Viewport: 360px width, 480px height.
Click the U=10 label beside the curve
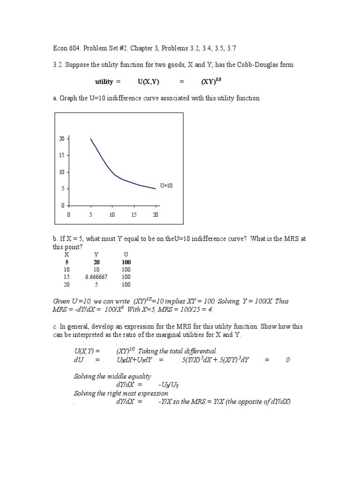point(166,186)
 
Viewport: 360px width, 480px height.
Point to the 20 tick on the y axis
point(61,139)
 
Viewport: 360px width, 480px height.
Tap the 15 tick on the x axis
point(134,215)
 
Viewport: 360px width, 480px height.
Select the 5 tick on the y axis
point(63,189)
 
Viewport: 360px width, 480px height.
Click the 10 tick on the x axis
point(112,215)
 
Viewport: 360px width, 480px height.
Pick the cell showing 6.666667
point(96,277)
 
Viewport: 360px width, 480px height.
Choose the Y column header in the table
point(96,255)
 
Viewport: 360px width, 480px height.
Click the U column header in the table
point(126,255)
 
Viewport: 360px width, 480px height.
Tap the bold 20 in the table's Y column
point(97,262)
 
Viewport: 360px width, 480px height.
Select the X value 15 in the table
point(67,277)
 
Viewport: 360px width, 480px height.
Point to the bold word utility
point(104,82)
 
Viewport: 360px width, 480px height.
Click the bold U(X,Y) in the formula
point(149,82)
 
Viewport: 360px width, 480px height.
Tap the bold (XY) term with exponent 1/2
point(210,81)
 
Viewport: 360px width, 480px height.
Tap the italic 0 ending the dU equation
point(288,360)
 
